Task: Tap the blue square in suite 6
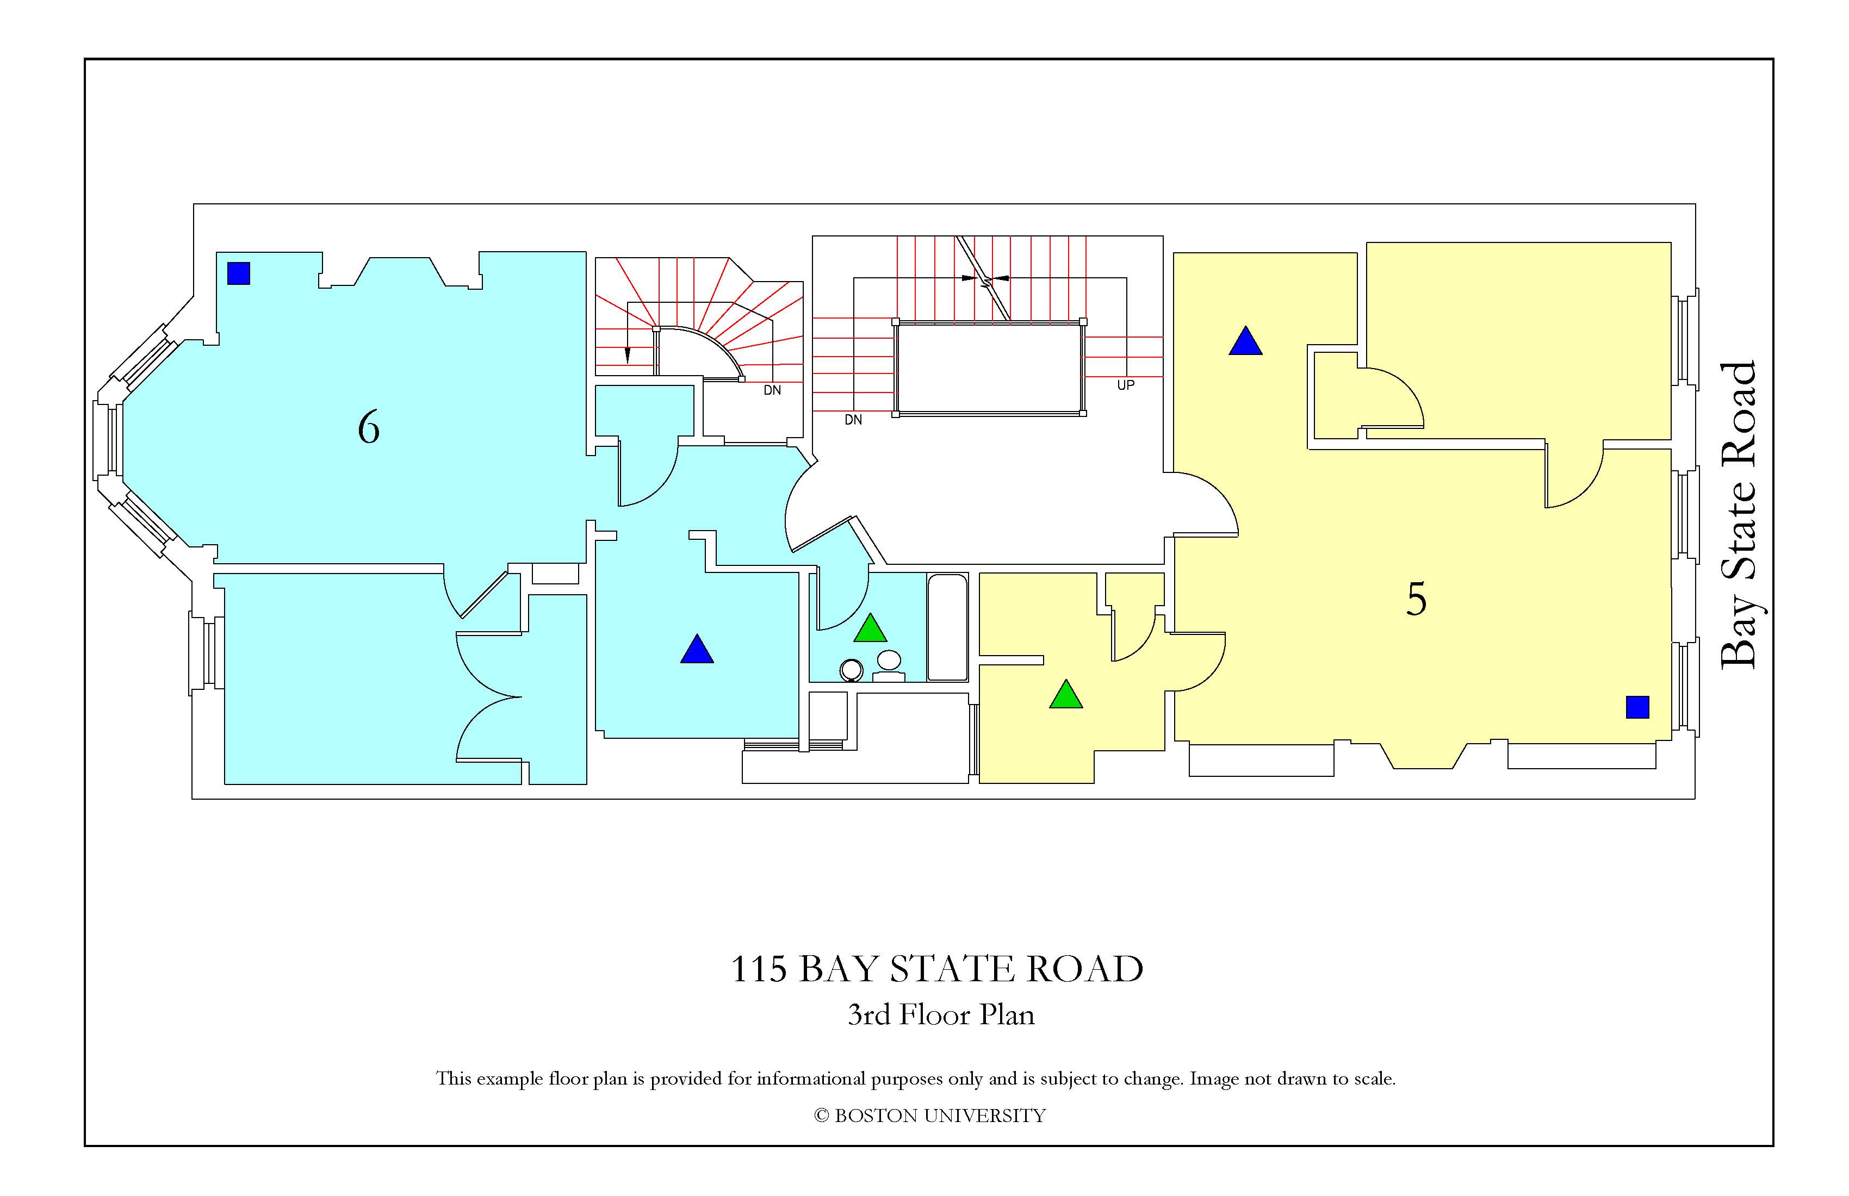point(239,273)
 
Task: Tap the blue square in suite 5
point(1637,707)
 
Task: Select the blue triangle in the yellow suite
point(1245,342)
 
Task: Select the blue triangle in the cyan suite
point(697,651)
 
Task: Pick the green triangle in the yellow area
point(1066,696)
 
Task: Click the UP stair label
point(1126,385)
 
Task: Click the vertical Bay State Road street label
point(1739,514)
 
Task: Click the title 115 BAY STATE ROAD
point(937,969)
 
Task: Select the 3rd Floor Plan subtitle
point(941,1014)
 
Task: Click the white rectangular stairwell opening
point(989,368)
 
